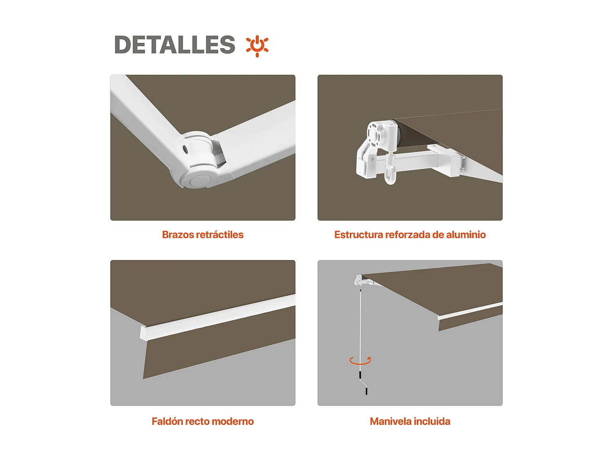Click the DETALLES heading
[x=175, y=45]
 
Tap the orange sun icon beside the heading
[x=257, y=45]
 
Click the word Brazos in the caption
[x=178, y=235]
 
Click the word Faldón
[x=167, y=422]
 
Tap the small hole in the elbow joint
[x=186, y=149]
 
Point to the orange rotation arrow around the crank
[x=360, y=361]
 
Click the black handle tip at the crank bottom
[x=366, y=391]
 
